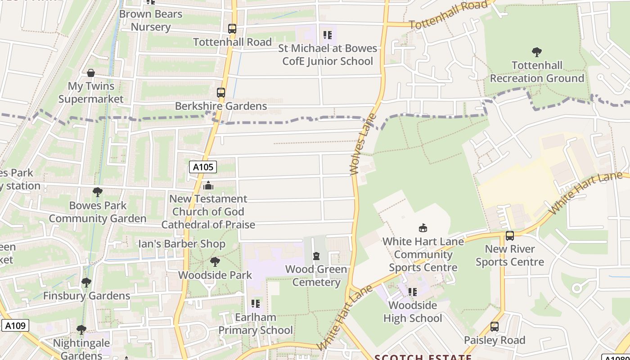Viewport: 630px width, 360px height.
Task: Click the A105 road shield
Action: (x=203, y=167)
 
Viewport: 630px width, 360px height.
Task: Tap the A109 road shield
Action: (x=15, y=325)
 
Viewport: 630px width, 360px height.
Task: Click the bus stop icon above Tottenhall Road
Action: (x=232, y=29)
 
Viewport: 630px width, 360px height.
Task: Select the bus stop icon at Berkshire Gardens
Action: (x=220, y=93)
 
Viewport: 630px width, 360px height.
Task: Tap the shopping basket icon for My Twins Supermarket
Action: (x=91, y=73)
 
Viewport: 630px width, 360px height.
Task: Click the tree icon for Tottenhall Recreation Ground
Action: (x=536, y=52)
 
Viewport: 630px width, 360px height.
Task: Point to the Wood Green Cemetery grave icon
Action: (x=316, y=256)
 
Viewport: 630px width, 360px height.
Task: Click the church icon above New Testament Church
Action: (x=208, y=185)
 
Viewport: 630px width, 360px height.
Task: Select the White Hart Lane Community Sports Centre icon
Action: (x=423, y=228)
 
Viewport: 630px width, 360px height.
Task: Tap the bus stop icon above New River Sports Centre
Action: (x=509, y=235)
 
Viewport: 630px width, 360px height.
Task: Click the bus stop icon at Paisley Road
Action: (x=494, y=327)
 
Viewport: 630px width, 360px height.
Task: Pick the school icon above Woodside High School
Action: (x=412, y=292)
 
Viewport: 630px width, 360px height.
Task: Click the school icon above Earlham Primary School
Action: (x=255, y=304)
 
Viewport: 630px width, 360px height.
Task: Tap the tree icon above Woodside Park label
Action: (x=215, y=261)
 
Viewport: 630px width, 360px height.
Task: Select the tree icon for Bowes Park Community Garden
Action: (x=97, y=192)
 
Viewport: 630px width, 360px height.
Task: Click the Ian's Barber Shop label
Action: (x=181, y=244)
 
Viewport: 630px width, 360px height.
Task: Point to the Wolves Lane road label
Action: (x=361, y=144)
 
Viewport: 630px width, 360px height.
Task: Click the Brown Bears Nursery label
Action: (x=151, y=20)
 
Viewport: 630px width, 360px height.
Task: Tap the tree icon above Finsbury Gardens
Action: (x=86, y=283)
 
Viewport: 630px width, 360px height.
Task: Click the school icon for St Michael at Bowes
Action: (x=327, y=35)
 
